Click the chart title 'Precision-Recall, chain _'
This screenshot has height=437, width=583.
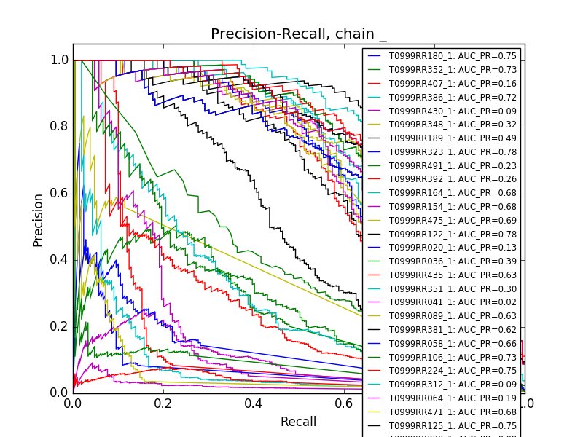point(299,34)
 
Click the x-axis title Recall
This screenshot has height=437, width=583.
point(298,422)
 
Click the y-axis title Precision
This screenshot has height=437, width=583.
point(39,220)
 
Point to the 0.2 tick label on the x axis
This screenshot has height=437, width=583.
point(163,403)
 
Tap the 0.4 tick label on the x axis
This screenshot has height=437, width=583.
point(253,403)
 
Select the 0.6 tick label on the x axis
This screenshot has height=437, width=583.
point(343,403)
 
